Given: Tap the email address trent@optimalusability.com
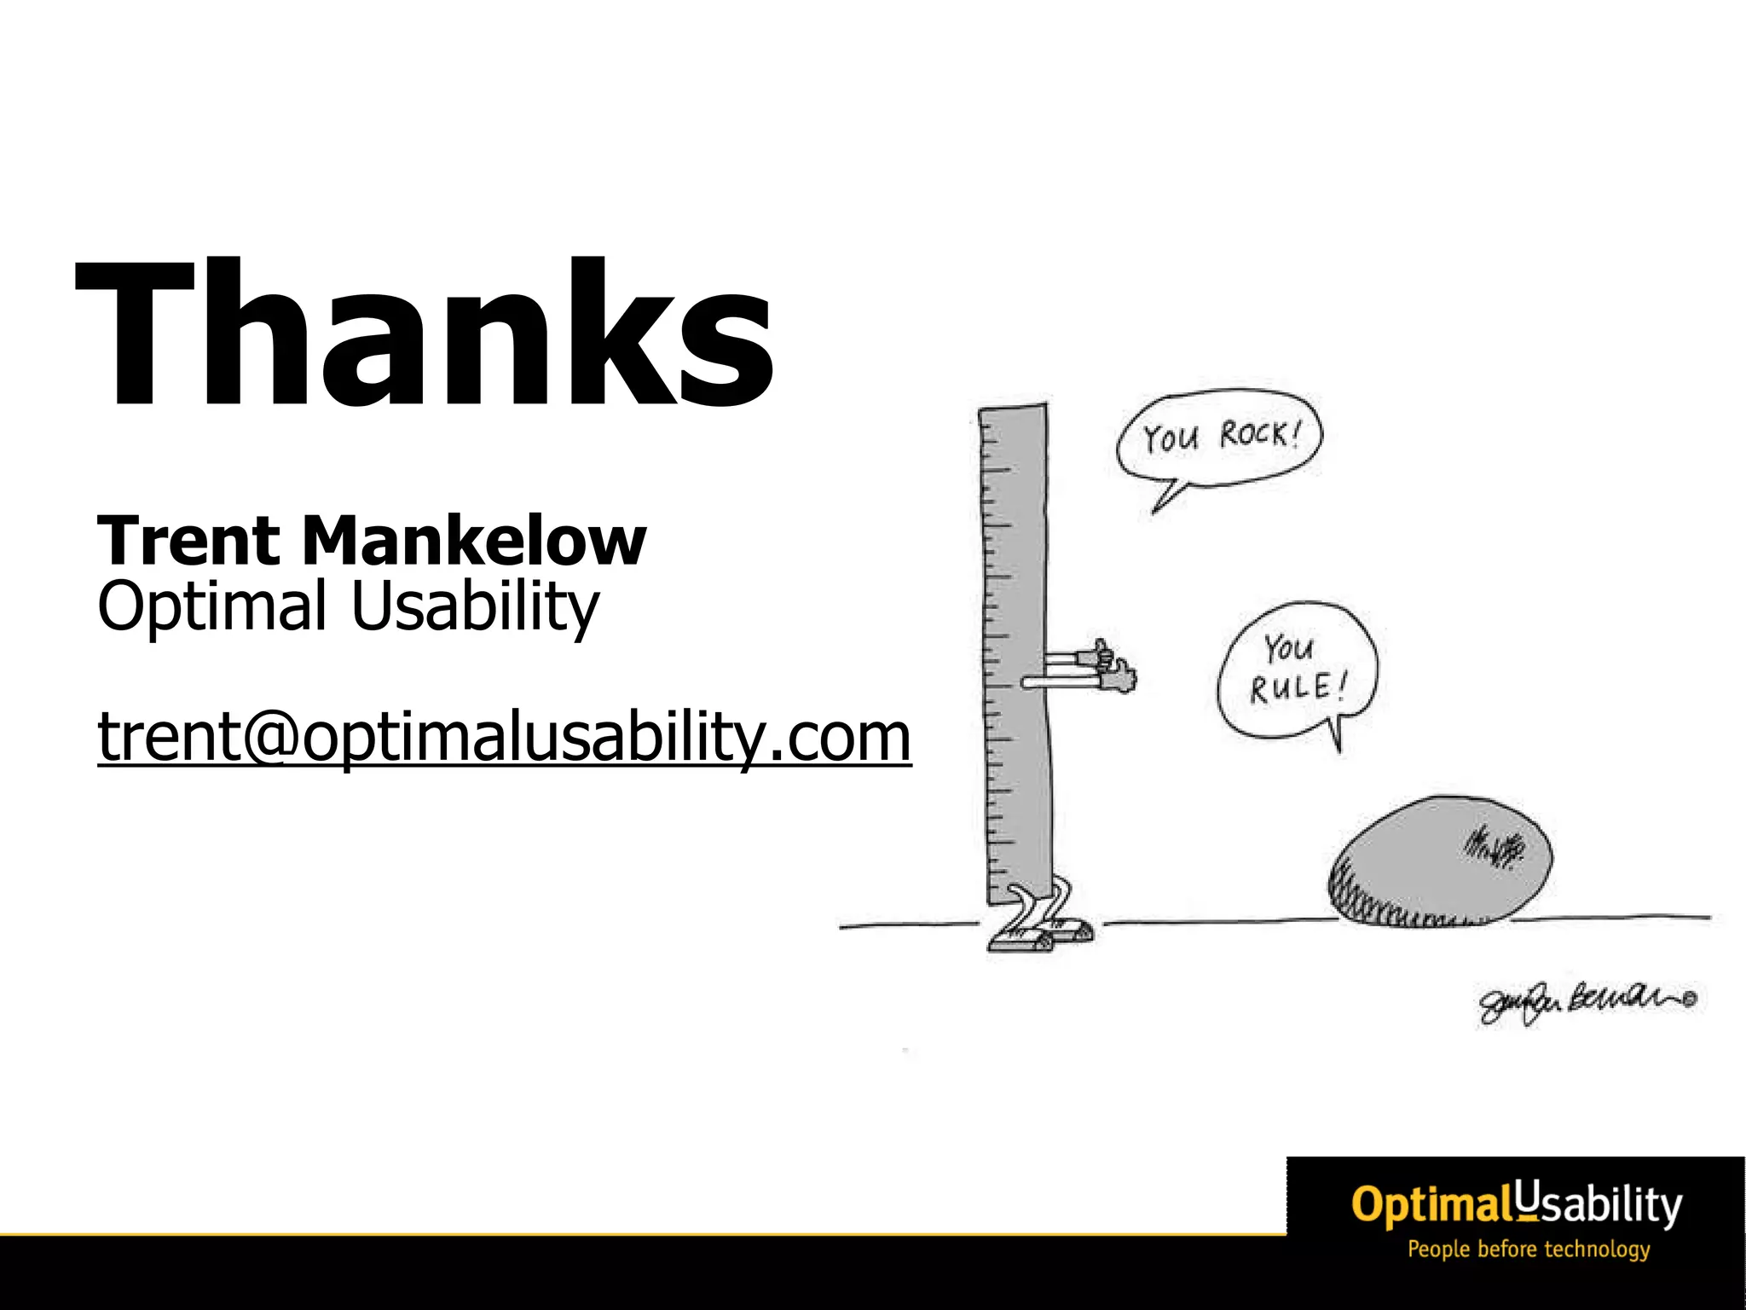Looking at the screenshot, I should (504, 736).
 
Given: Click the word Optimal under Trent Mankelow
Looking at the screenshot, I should (211, 606).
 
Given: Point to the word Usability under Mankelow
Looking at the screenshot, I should (475, 606).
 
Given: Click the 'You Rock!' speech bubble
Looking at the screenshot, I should (1219, 440).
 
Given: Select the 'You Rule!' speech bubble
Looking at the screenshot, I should (1298, 669).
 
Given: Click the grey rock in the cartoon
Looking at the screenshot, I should (1440, 861).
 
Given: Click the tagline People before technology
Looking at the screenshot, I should (1528, 1249).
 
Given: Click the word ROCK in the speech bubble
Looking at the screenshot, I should (1257, 434).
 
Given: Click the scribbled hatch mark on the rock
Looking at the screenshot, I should (1493, 849).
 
